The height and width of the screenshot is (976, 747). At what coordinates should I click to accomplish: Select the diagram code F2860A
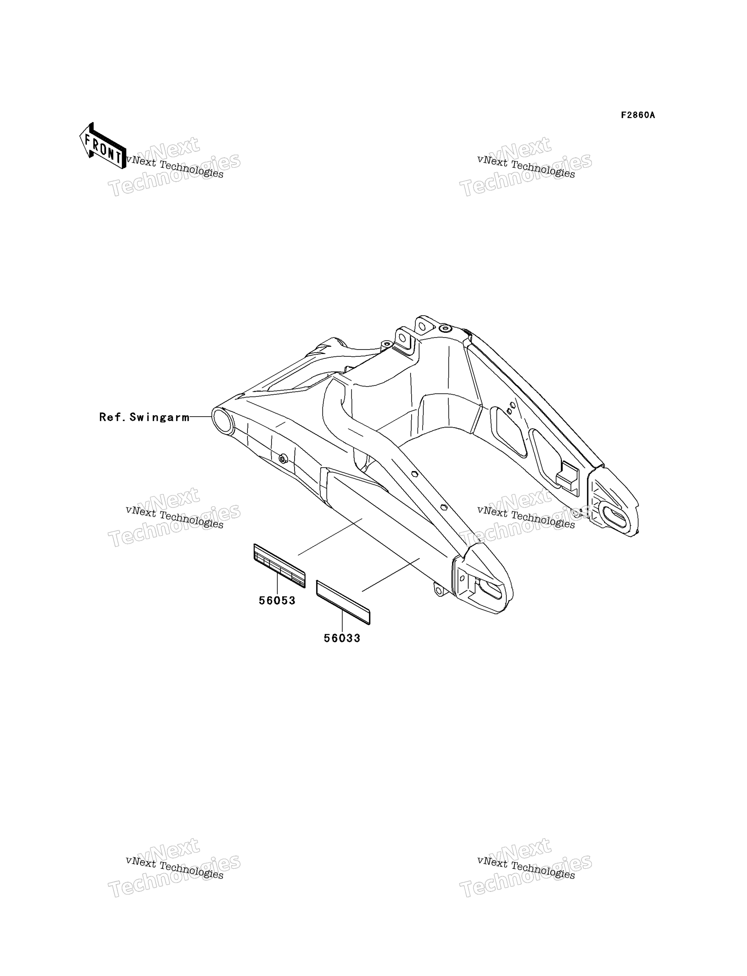[638, 115]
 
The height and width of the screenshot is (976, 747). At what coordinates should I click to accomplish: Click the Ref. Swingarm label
[144, 417]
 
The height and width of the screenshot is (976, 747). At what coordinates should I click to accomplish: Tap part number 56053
[277, 601]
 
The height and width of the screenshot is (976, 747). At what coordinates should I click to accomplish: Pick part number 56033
[342, 638]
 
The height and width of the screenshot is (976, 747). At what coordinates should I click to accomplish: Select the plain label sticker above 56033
[343, 602]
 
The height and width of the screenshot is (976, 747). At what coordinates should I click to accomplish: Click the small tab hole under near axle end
[439, 590]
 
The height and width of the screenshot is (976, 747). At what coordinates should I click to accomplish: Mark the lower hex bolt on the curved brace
[443, 507]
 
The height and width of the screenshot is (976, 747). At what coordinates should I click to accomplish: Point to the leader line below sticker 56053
[277, 584]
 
